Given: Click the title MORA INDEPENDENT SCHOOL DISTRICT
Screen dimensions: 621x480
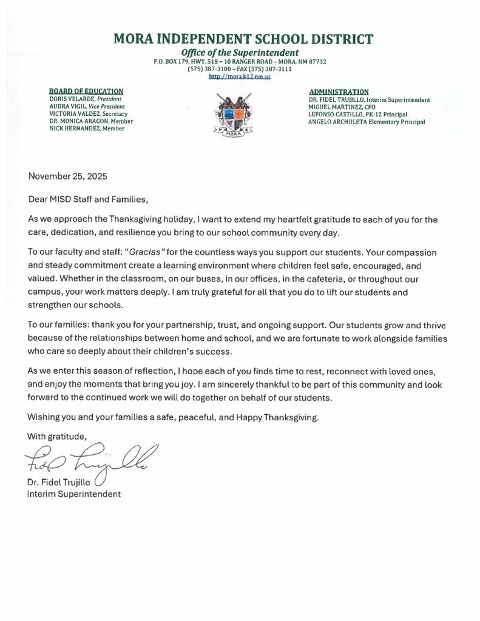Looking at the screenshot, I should point(243,40).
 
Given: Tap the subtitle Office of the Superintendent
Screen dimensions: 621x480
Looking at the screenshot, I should point(240,53).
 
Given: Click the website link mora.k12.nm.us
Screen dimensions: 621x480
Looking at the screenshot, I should point(239,77).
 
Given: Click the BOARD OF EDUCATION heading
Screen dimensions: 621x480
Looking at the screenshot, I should point(86,91).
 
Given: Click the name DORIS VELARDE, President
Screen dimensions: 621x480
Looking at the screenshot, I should point(86,99).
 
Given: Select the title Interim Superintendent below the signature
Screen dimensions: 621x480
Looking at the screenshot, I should point(73,494).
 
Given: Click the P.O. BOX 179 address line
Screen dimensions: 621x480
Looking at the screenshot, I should point(240,62).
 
